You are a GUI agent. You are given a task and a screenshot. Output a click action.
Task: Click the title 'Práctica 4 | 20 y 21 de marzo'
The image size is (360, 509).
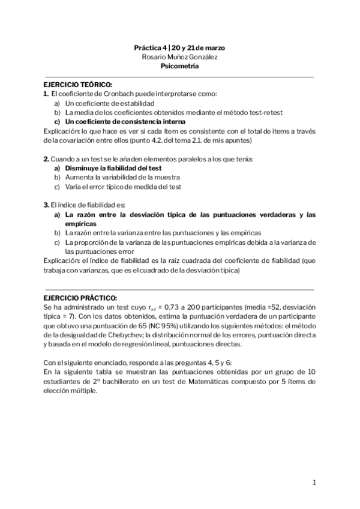(x=179, y=47)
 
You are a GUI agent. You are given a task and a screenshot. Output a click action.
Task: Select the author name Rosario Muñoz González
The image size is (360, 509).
(x=179, y=57)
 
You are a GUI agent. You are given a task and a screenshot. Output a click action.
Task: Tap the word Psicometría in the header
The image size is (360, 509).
(x=179, y=67)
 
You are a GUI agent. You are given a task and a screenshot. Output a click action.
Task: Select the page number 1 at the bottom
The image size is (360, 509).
(x=314, y=483)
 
